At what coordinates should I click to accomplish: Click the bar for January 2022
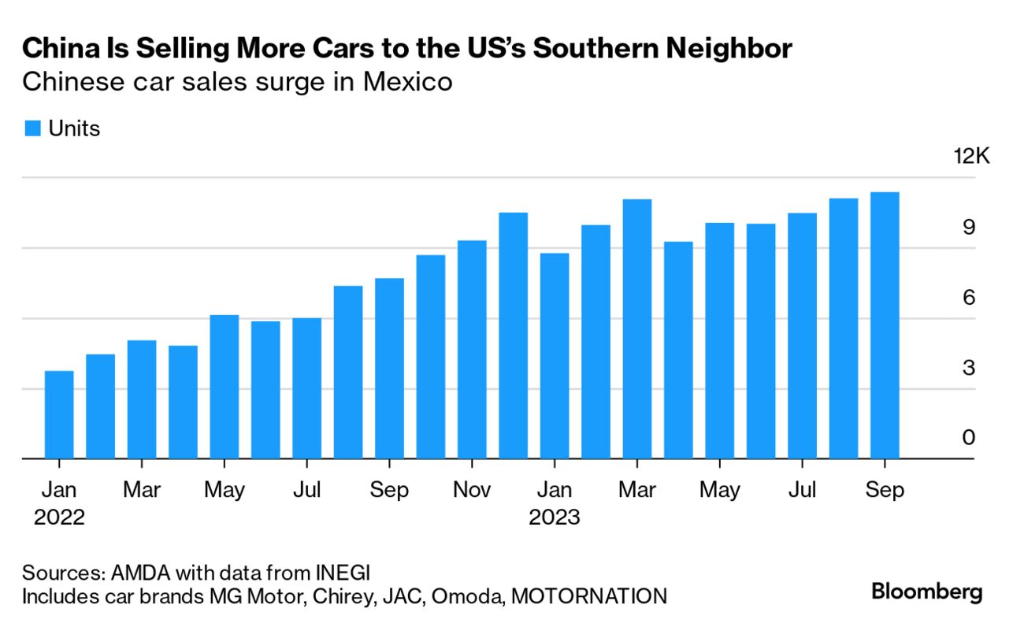point(59,415)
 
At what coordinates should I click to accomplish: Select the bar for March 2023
point(637,329)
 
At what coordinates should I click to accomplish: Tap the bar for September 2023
point(885,325)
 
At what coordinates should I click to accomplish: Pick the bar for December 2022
point(514,336)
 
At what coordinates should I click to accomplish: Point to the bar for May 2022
point(224,387)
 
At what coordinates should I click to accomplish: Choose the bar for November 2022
point(472,350)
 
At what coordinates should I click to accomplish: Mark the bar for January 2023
point(555,356)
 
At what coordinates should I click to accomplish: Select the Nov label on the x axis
point(472,490)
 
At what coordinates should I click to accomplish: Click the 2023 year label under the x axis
point(555,518)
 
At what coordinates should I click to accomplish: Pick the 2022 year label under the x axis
point(59,518)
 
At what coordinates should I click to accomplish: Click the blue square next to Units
point(32,129)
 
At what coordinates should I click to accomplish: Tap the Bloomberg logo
point(927,592)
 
